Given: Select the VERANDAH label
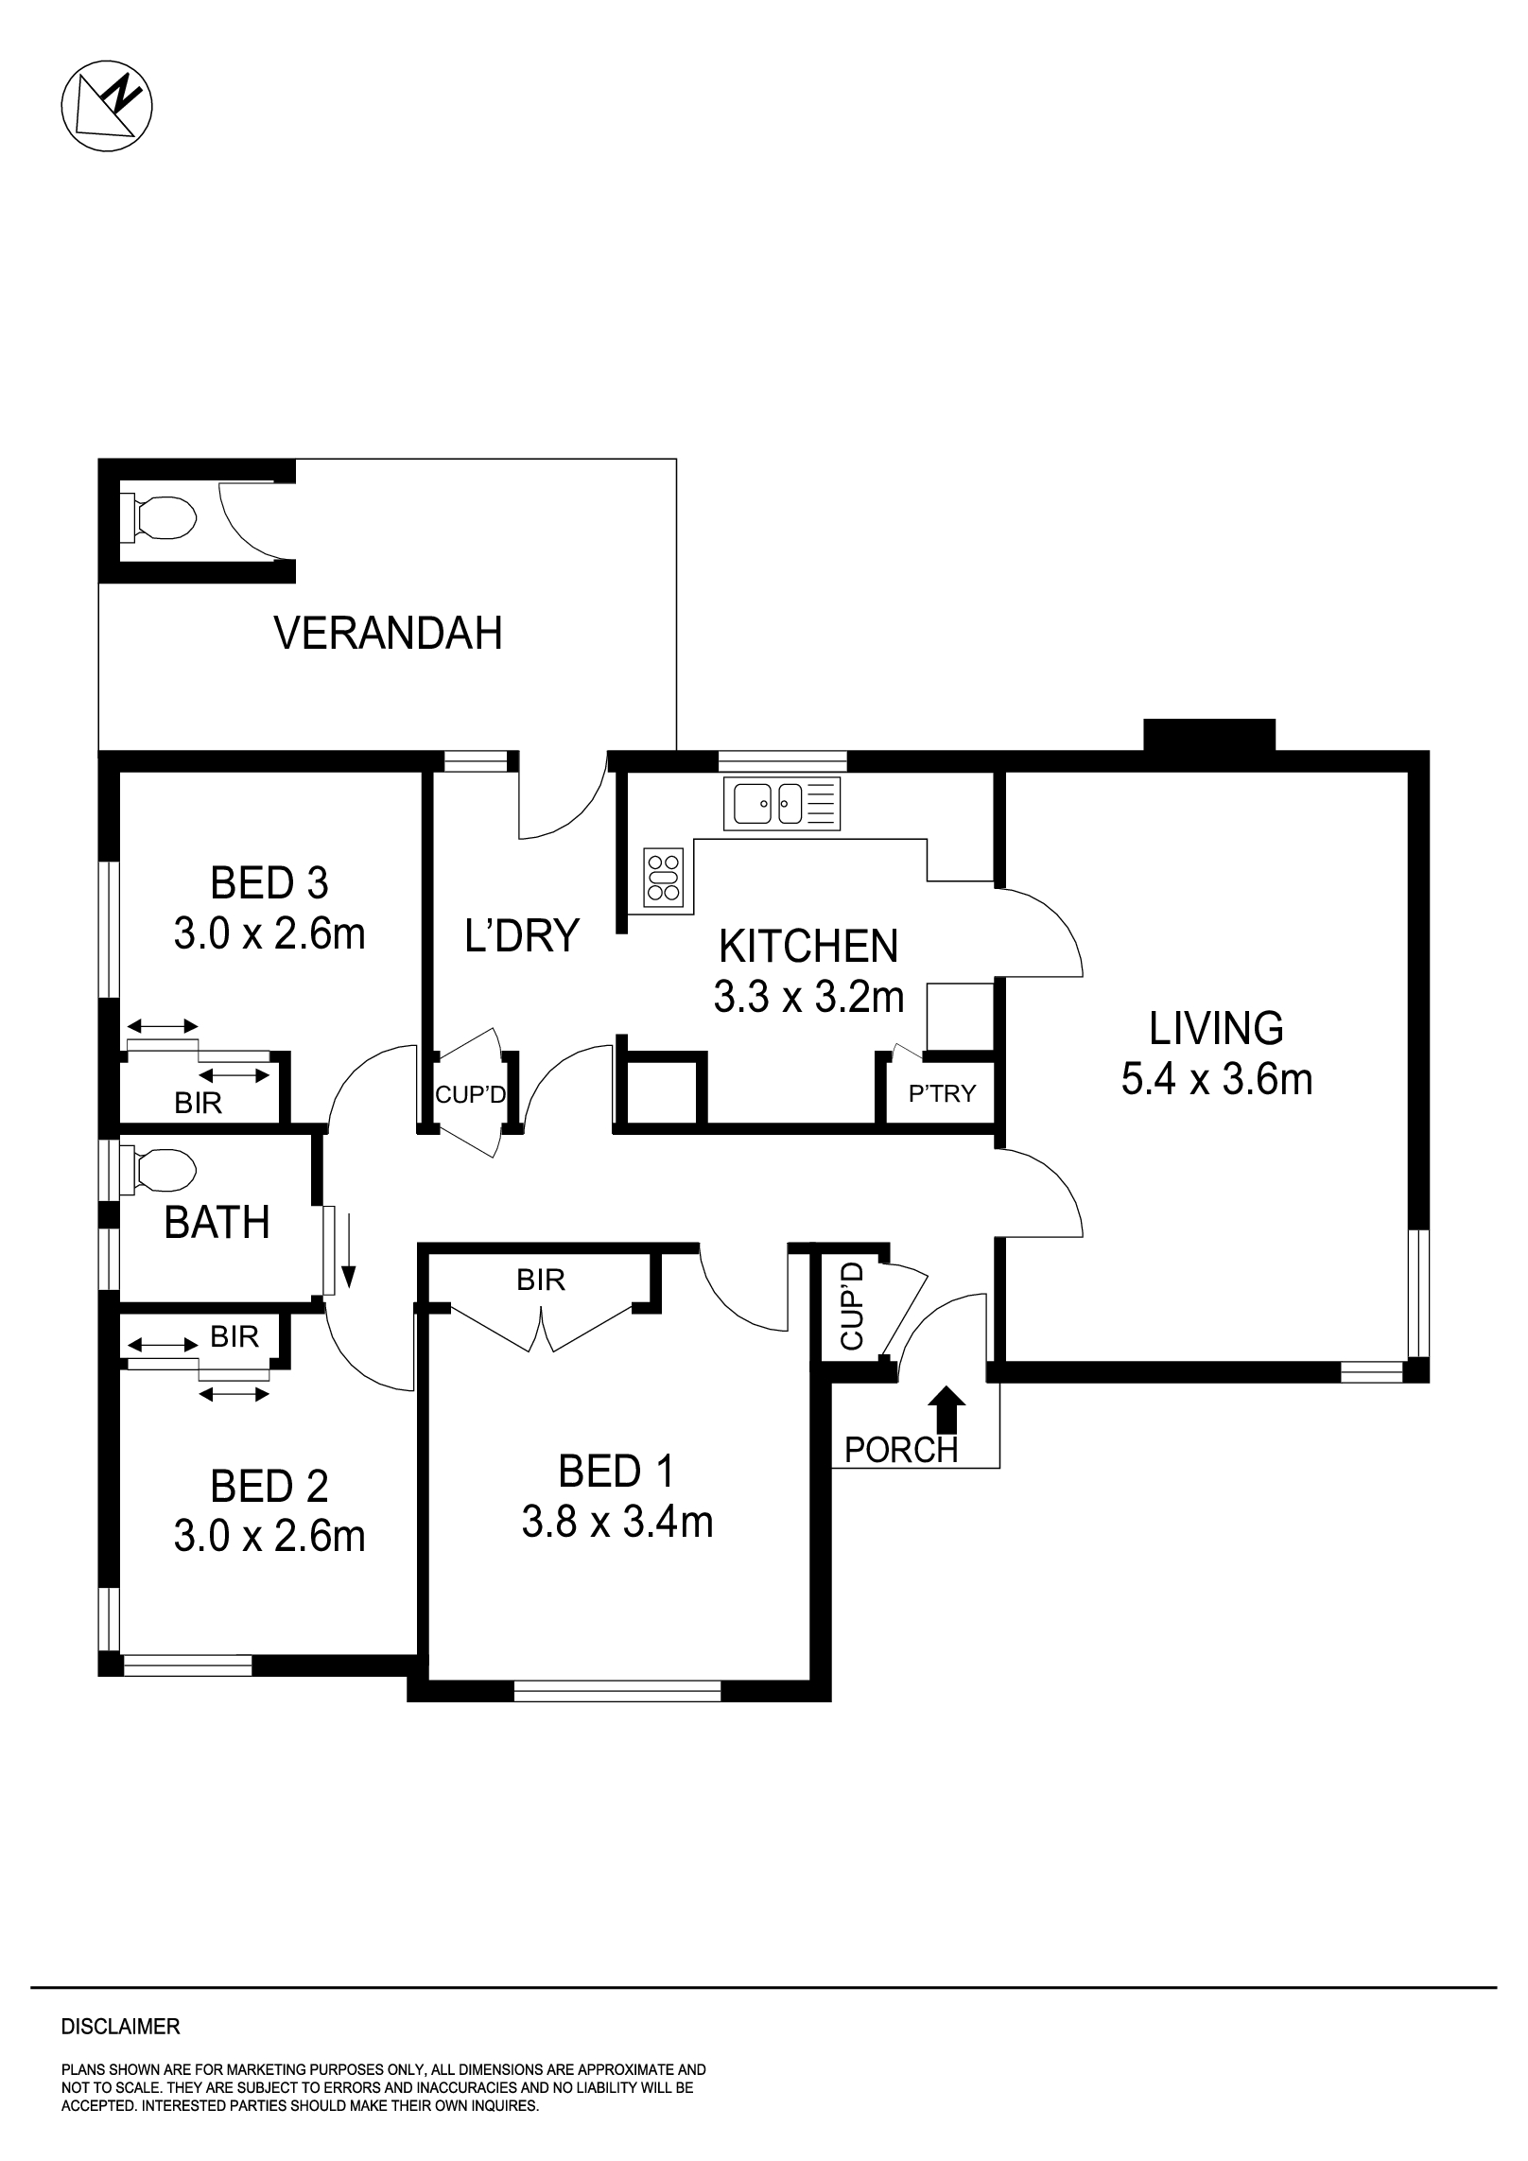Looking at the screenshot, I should [388, 633].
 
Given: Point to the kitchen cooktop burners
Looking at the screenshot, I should [663, 877].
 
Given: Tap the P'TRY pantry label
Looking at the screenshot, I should [941, 1094].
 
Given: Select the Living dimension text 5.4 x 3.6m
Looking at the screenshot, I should [1216, 1079].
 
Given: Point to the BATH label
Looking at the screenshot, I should [217, 1223].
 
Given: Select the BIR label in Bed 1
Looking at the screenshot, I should [540, 1281].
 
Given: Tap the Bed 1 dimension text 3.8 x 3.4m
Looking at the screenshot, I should [616, 1523].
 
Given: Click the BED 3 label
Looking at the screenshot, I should [269, 883].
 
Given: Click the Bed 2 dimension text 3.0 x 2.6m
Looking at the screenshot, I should [269, 1537].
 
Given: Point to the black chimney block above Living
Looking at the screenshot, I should [1208, 734].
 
